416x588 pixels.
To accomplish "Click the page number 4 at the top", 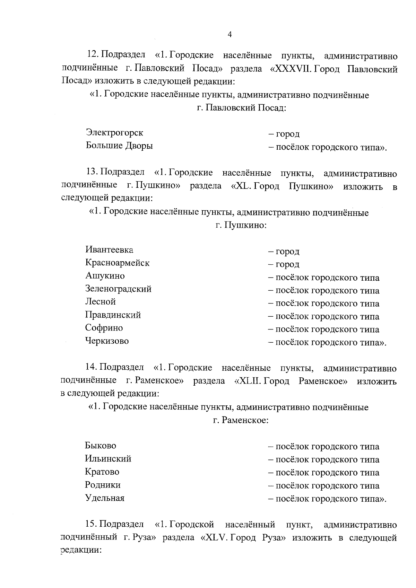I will click(x=229, y=34).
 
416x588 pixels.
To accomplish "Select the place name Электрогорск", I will click(x=114, y=133).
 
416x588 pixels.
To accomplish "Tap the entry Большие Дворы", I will click(x=119, y=146).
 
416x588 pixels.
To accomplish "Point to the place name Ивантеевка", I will click(x=109, y=250).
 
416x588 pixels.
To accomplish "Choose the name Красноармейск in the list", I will click(x=117, y=263).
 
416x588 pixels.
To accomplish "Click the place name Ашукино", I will click(x=105, y=276).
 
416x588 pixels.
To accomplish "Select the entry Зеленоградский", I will click(x=118, y=289).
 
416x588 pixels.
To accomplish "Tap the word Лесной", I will click(x=101, y=301).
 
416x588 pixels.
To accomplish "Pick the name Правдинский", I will click(x=113, y=315).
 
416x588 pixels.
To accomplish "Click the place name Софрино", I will click(x=104, y=328).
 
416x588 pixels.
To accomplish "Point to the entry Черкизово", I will click(x=107, y=341).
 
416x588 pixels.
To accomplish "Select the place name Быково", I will click(x=101, y=446).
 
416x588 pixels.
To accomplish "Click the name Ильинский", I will click(x=108, y=459).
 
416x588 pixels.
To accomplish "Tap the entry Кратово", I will click(x=102, y=472).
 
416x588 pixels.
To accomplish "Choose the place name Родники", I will click(x=103, y=485).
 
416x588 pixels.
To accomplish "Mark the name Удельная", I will click(x=105, y=498).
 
